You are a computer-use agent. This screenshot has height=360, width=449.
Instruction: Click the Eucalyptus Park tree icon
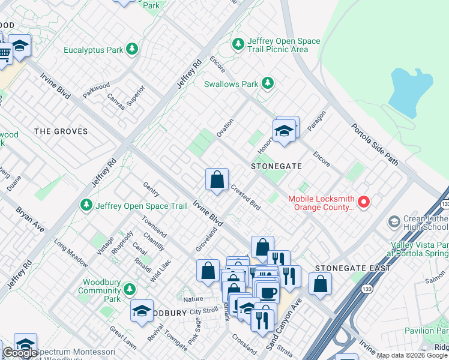[x=132, y=50]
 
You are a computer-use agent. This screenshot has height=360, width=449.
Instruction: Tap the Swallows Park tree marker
[x=267, y=84]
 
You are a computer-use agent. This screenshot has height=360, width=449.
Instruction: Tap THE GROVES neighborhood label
[x=61, y=131]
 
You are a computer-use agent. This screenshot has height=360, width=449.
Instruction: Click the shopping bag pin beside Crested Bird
[x=217, y=179]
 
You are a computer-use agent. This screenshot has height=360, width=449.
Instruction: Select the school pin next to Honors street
[x=283, y=130]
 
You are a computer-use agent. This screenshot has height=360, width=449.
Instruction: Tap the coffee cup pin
[x=268, y=293]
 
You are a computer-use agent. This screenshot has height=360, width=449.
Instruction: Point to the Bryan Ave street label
[x=30, y=220]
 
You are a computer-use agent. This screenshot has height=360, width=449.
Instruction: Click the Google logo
[x=20, y=353]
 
